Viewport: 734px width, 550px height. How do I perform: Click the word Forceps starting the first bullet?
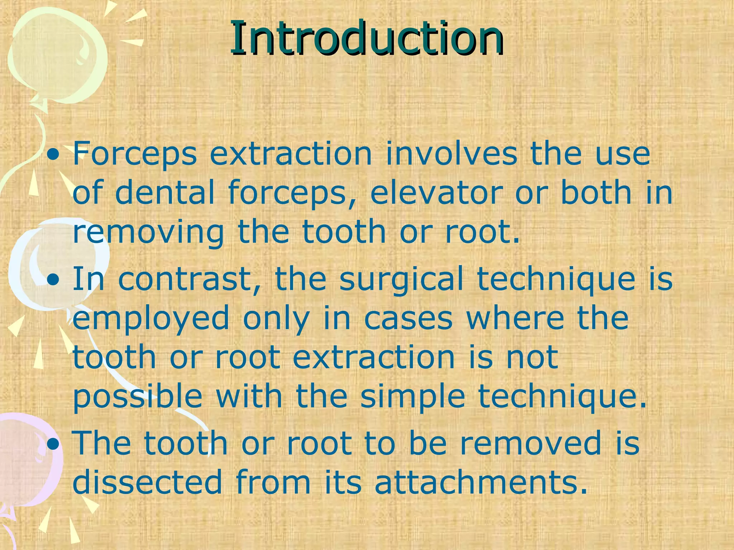(134, 155)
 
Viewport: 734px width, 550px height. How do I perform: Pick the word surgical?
(401, 280)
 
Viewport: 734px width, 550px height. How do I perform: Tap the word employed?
(151, 319)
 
